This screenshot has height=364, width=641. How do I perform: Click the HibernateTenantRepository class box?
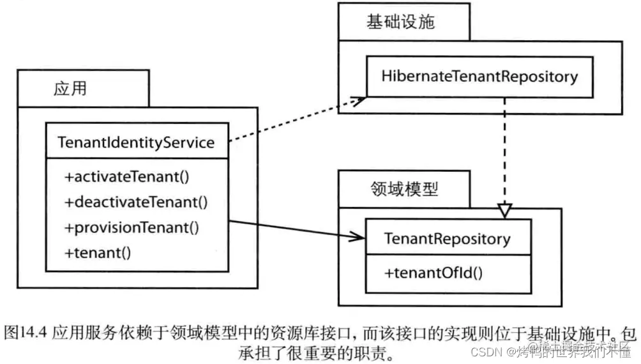(x=479, y=77)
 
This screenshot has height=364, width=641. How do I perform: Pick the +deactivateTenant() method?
(x=136, y=202)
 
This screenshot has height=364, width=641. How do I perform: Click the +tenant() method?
(x=98, y=252)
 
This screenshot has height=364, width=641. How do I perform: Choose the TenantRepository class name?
(x=447, y=239)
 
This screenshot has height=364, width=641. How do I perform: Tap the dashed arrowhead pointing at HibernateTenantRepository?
(x=359, y=99)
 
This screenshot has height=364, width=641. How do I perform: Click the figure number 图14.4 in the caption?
(x=27, y=333)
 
